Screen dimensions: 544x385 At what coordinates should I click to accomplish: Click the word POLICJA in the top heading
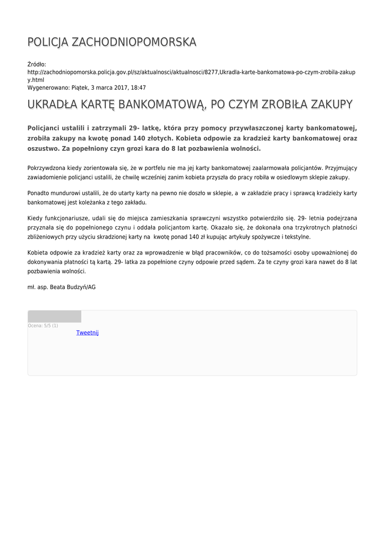pyautogui.click(x=48, y=42)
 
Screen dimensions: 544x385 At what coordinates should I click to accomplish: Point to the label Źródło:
pyautogui.click(x=37, y=64)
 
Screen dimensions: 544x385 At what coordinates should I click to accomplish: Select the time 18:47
pyautogui.click(x=138, y=88)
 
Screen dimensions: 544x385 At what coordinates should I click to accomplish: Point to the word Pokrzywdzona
pyautogui.click(x=46, y=168)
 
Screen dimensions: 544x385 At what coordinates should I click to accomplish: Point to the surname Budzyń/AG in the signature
pyautogui.click(x=81, y=287)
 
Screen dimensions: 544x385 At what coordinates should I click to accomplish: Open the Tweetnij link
pyautogui.click(x=88, y=333)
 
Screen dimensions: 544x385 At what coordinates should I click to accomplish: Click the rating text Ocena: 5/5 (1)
pyautogui.click(x=43, y=325)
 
